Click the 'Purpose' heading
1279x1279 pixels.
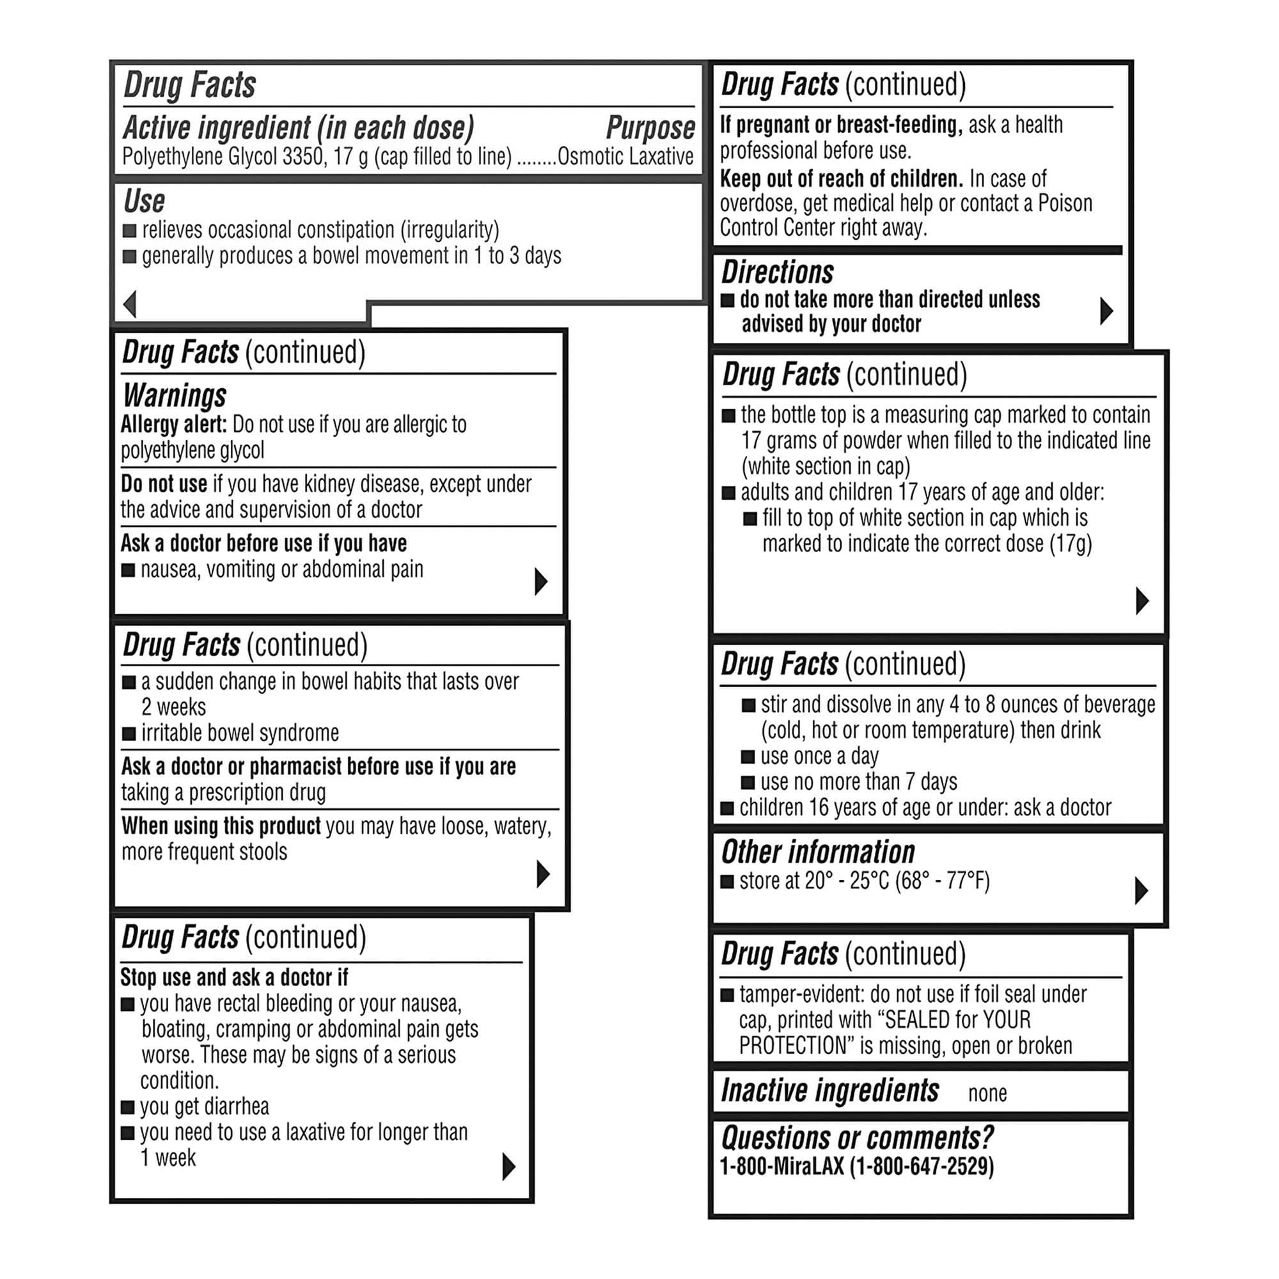(650, 128)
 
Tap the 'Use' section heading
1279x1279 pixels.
(145, 201)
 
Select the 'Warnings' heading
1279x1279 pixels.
(175, 395)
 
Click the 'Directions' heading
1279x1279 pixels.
(777, 272)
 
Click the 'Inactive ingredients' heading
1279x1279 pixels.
(829, 1090)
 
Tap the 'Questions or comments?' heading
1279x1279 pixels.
(858, 1137)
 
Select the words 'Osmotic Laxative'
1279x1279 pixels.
(625, 157)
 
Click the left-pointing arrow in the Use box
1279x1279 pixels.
(130, 304)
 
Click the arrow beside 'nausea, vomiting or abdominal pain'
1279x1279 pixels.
(541, 581)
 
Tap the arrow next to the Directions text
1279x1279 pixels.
(1106, 311)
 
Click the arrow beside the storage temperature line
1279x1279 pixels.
(1142, 890)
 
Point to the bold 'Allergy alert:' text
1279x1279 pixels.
(173, 425)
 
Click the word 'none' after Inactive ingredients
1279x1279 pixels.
(987, 1094)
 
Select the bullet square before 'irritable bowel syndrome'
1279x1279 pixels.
(129, 734)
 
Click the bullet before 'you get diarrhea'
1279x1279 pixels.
(128, 1107)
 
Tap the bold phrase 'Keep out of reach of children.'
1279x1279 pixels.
(842, 179)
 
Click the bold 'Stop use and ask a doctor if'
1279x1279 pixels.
(233, 977)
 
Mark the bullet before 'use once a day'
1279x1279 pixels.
(748, 757)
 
